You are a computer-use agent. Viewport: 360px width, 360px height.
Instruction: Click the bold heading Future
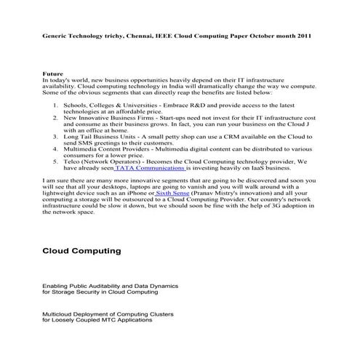[x=52, y=75]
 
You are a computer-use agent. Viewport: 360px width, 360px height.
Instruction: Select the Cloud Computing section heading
[x=81, y=251]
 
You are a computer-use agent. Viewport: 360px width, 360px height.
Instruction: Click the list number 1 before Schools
[x=55, y=106]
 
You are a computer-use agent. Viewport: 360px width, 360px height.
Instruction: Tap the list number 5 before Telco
[x=55, y=161]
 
